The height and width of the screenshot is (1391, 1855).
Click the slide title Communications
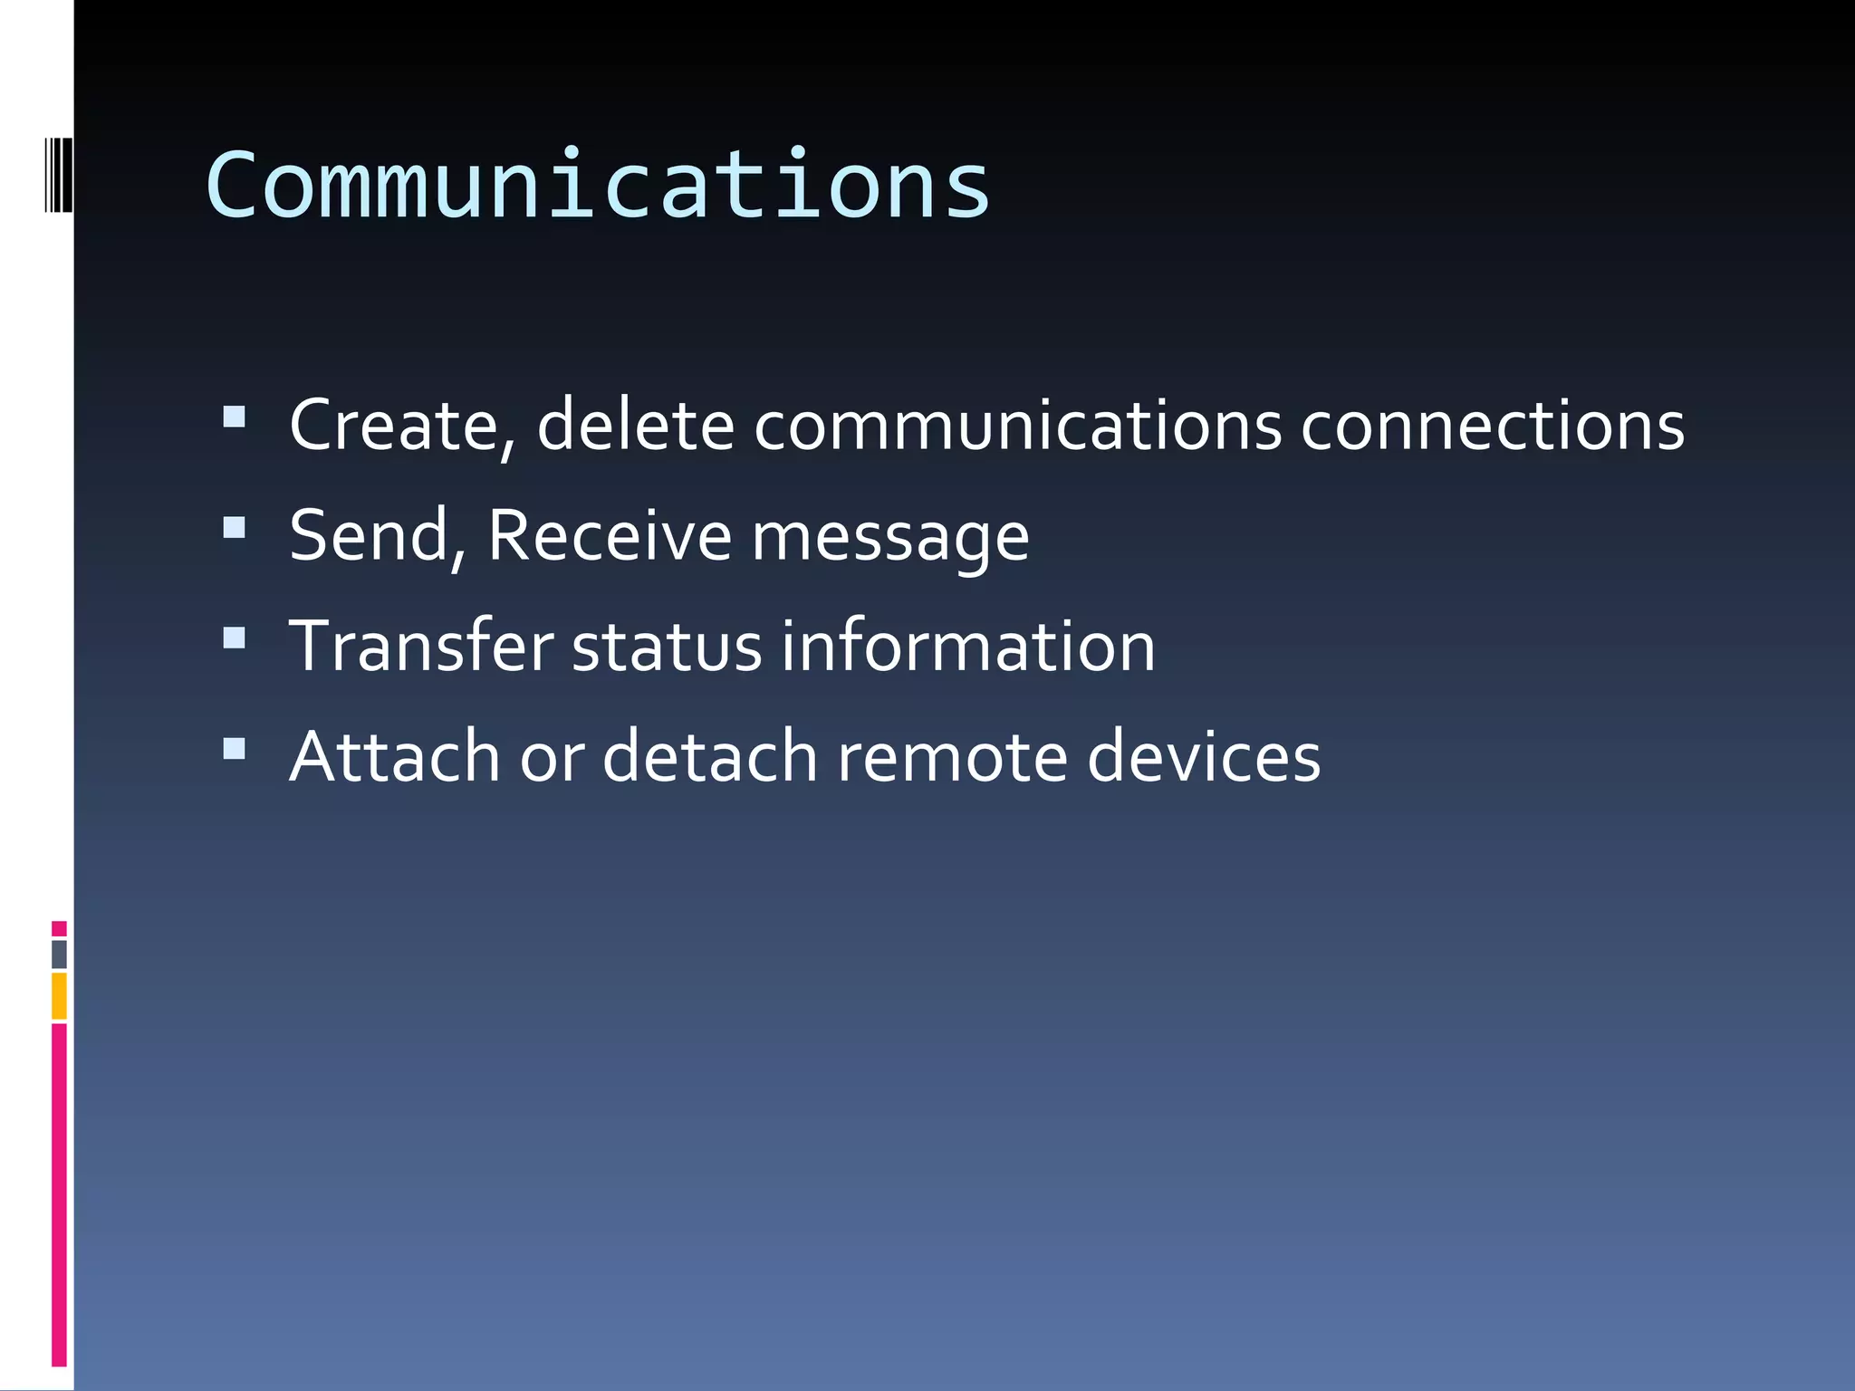598,186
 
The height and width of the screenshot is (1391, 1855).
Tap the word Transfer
421,646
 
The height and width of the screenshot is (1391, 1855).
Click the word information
967,646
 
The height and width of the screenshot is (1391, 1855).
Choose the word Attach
394,756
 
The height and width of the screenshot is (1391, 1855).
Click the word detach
710,756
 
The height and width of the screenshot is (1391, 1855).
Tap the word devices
1204,756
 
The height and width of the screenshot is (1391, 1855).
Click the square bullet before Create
234,416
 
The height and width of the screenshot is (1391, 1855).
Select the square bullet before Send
234,527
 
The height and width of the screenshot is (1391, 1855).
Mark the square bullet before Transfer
234,638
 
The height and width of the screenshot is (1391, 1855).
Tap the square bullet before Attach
234,748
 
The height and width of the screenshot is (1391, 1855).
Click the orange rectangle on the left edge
59,995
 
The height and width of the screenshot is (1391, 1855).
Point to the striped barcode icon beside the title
59,175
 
